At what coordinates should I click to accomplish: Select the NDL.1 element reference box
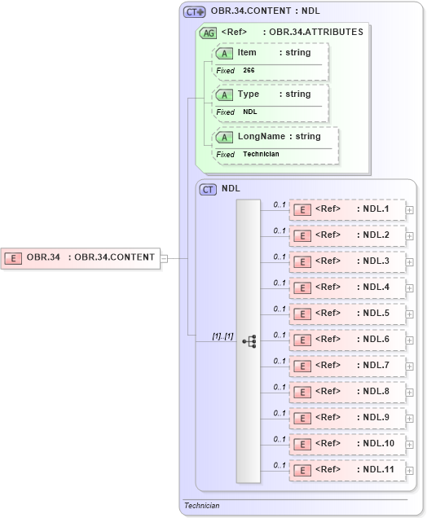pos(347,209)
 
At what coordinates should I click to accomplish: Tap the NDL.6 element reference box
pos(347,340)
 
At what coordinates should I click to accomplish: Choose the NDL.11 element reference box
pos(347,470)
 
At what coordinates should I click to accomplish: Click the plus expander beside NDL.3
pos(410,262)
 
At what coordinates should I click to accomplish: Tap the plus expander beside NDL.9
pos(410,419)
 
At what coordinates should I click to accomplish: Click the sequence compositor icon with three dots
pos(249,341)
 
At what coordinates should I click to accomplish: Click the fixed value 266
pos(249,71)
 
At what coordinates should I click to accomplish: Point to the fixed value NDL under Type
pos(250,112)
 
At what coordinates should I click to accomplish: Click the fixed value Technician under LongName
pos(261,154)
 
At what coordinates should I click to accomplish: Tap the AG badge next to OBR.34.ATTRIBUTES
pos(209,33)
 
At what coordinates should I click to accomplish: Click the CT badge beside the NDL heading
pos(209,189)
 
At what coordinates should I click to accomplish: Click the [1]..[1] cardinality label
pos(223,336)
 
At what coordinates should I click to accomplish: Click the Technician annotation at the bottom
pos(202,506)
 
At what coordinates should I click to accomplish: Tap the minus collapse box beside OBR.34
pos(164,258)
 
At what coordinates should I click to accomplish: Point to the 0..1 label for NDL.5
pos(280,309)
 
